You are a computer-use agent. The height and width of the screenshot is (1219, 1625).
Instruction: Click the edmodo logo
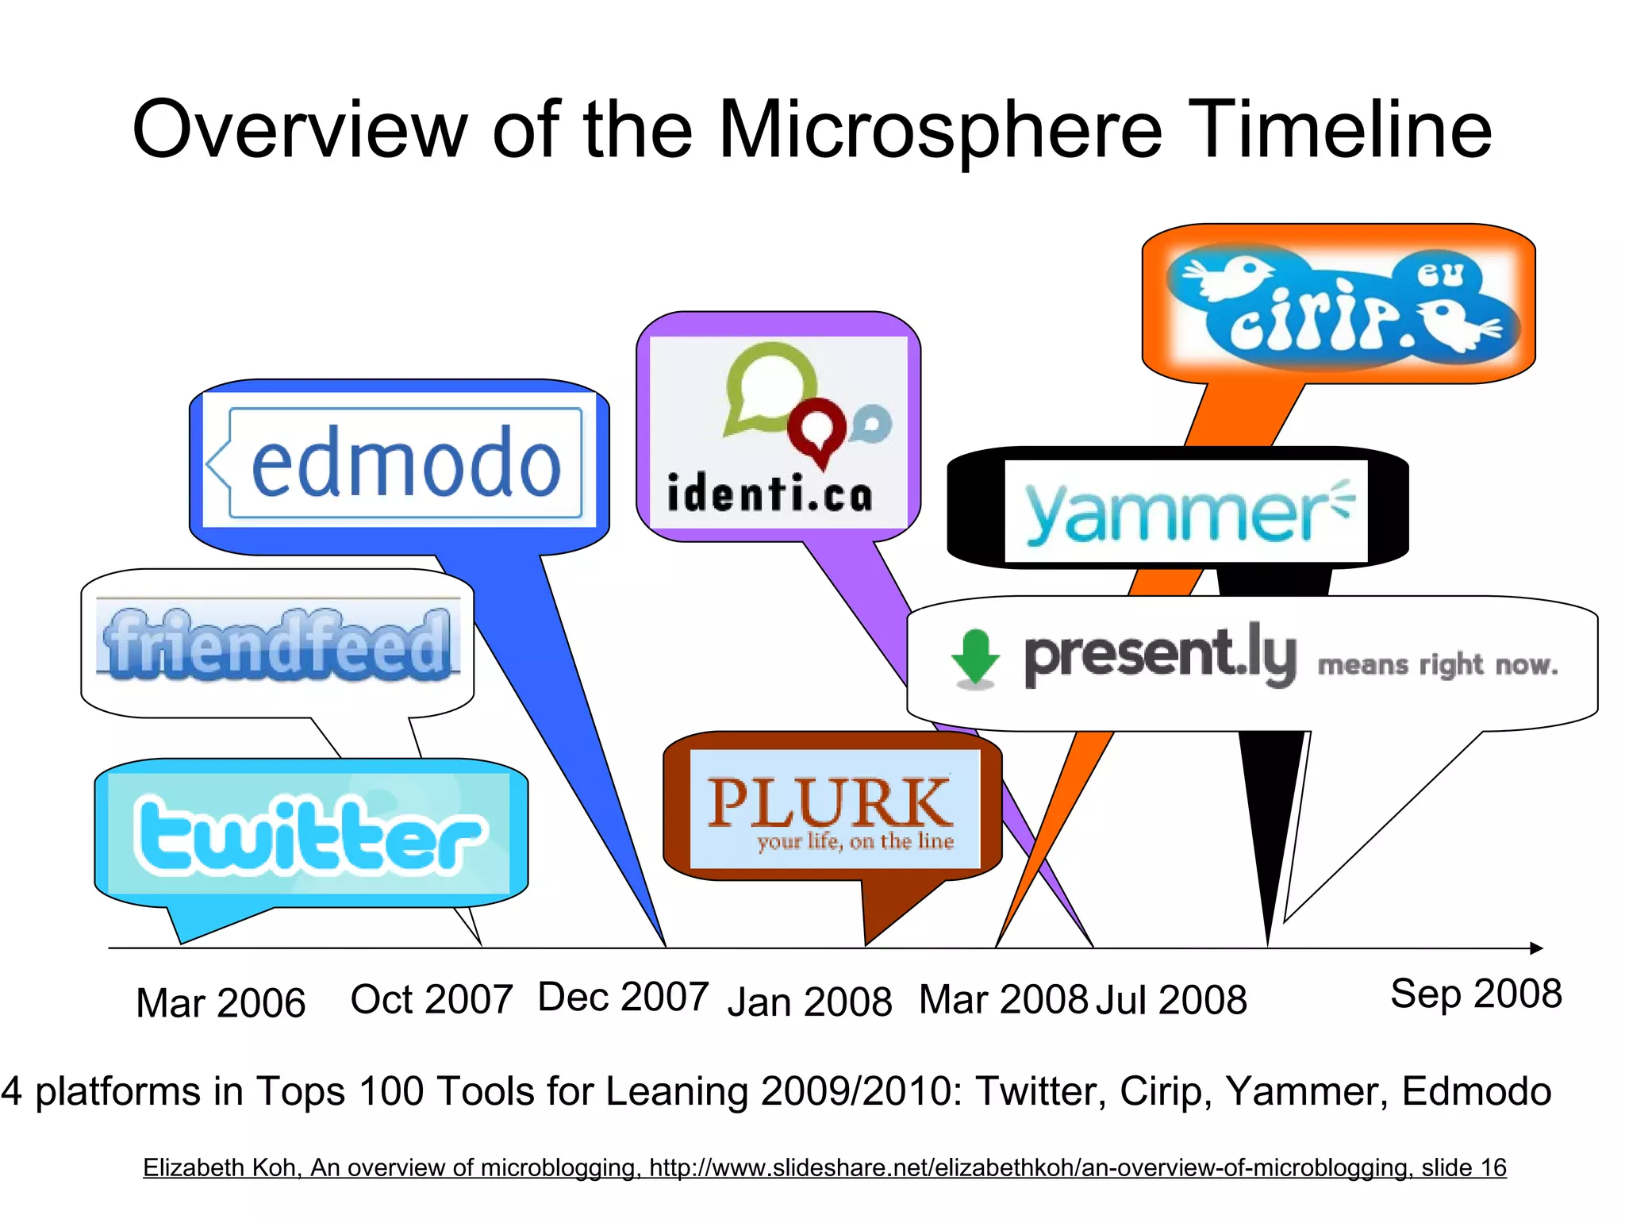tap(405, 463)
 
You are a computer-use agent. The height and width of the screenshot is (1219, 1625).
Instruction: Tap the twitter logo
tap(308, 835)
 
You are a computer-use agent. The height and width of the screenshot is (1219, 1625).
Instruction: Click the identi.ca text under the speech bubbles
tap(770, 494)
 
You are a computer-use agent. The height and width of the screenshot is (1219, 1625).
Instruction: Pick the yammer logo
tap(1185, 512)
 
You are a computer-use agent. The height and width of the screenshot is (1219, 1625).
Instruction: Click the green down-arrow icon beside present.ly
tap(975, 657)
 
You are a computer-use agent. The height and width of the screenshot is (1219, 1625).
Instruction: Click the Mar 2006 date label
tap(221, 1003)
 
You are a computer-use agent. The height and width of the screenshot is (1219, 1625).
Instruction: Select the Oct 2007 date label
tap(432, 999)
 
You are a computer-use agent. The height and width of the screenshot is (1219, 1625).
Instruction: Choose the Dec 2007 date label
tap(623, 997)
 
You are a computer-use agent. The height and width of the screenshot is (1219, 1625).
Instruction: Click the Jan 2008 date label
tap(809, 1002)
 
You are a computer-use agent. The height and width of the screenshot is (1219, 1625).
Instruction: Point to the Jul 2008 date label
tap(1171, 1000)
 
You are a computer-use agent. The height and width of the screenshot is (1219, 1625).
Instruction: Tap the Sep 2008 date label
tap(1476, 994)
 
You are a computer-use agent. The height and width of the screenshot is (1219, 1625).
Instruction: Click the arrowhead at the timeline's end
tap(1536, 948)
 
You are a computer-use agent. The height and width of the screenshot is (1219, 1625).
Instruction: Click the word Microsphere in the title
tap(939, 129)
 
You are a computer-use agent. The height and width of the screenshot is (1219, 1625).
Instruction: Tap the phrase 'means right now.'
tap(1438, 664)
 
